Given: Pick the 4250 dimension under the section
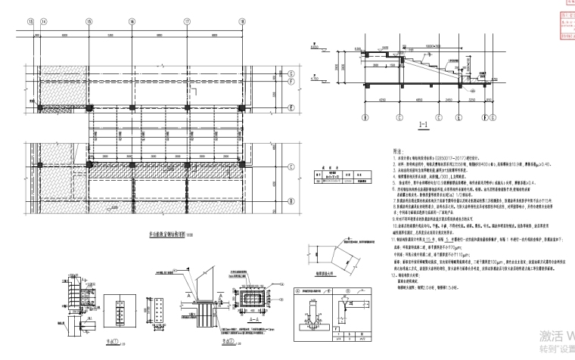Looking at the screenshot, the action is [x=376, y=99].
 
